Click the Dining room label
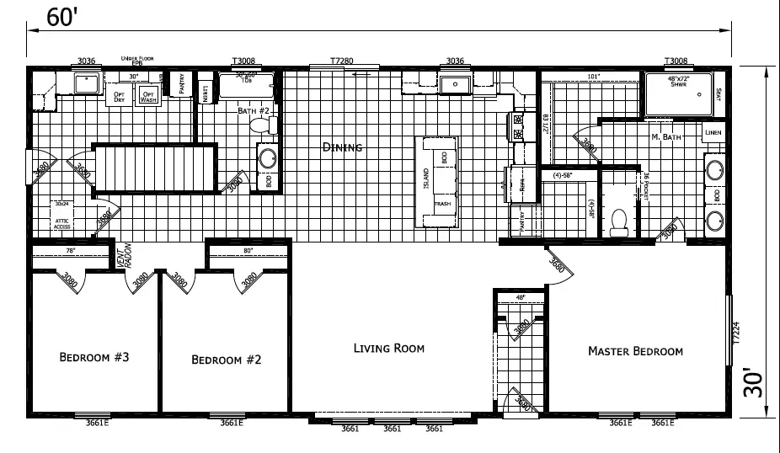coord(342,147)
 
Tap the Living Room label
coord(388,348)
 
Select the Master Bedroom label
coord(635,351)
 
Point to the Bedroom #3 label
coord(93,358)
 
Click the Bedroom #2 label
coord(227,360)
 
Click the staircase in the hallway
coord(154,168)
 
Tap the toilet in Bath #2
coord(264,125)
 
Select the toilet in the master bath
coord(621,220)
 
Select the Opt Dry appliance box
coord(120,96)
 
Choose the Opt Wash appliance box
coord(148,96)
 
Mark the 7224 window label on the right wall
coord(736,333)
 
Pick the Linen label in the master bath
coord(713,133)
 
